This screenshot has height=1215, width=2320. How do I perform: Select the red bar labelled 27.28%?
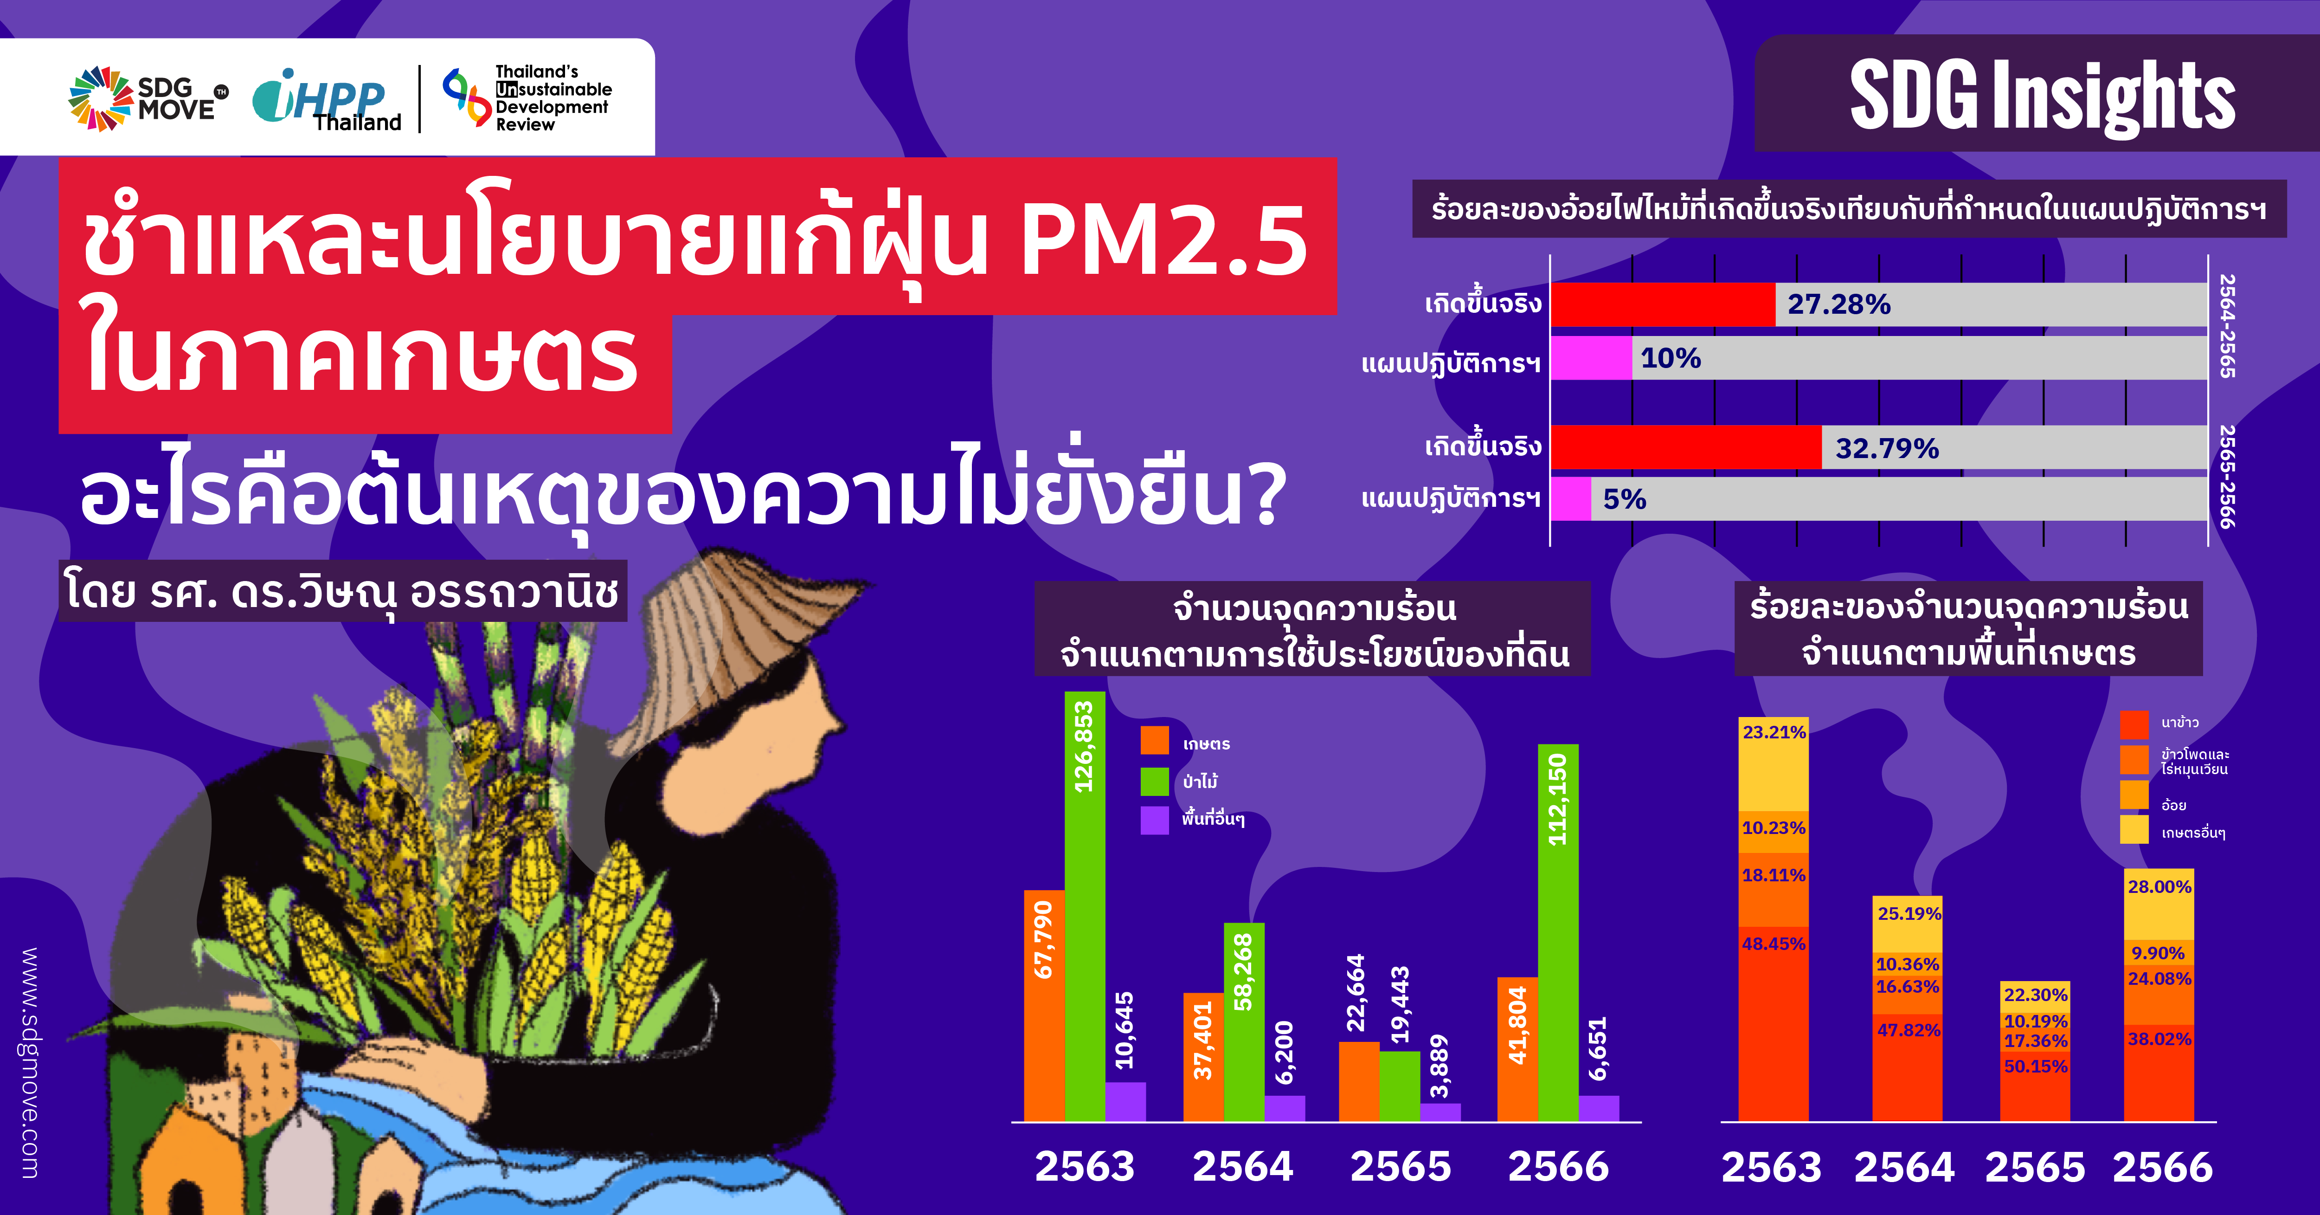coord(1663,304)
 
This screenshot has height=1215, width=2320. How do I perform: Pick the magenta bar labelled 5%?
coord(1571,499)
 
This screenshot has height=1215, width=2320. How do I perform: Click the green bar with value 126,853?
coord(1084,906)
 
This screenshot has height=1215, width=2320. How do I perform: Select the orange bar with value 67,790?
coord(1044,1005)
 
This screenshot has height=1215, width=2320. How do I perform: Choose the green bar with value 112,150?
coord(1558,932)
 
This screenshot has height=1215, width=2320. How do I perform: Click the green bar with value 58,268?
coord(1244,1021)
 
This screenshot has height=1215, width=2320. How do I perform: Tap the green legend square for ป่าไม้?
coord(1155,781)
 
